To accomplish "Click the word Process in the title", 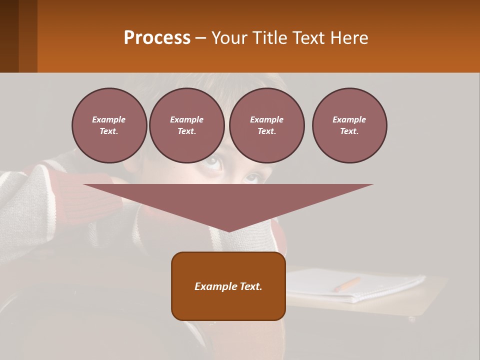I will [x=157, y=38].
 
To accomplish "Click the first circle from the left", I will [x=109, y=125].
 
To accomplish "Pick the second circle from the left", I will [x=187, y=125].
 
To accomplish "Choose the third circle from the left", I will [x=267, y=125].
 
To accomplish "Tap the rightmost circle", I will [x=349, y=125].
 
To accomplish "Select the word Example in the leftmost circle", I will [x=109, y=119].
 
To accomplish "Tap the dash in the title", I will [x=200, y=38].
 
